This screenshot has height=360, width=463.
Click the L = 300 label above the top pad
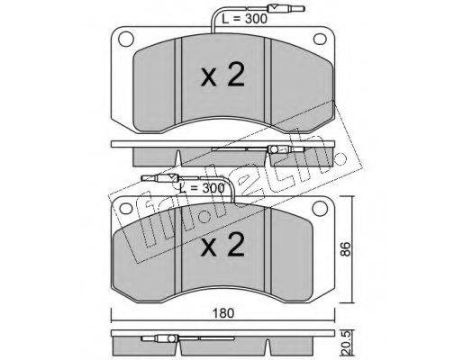(x=244, y=19)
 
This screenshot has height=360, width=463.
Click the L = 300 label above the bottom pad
(x=202, y=188)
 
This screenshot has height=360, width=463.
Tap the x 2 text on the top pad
(x=222, y=75)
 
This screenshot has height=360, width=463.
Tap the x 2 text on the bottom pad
(x=222, y=244)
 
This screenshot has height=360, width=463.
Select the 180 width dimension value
(x=223, y=313)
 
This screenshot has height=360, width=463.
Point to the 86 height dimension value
(x=346, y=248)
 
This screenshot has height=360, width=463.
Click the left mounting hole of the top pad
(x=126, y=39)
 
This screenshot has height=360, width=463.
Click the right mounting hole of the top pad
(x=320, y=39)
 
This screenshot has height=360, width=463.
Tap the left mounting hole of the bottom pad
(x=126, y=209)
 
